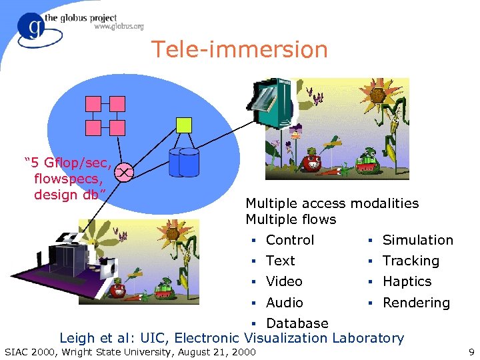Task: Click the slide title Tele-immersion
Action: (239, 50)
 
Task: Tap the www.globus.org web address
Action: (119, 27)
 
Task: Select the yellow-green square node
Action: (184, 125)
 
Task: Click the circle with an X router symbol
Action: (124, 173)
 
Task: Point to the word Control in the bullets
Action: (289, 240)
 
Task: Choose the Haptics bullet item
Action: (407, 281)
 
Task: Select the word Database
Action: (297, 323)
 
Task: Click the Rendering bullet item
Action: (415, 303)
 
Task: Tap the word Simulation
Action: (417, 240)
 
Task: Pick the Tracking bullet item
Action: (411, 261)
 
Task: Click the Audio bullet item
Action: (284, 303)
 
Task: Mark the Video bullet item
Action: (284, 281)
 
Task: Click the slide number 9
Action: (471, 351)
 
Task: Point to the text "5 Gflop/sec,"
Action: (67, 163)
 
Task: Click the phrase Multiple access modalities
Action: (332, 203)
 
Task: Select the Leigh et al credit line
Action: (231, 338)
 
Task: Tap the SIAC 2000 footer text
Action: (130, 351)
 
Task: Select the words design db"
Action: (70, 195)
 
